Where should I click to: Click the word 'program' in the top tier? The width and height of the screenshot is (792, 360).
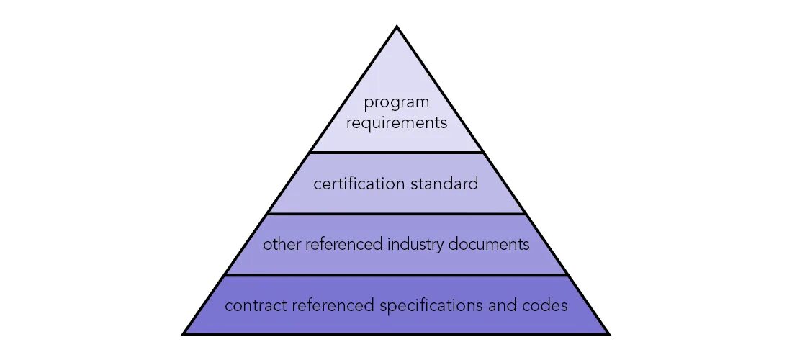tap(396, 103)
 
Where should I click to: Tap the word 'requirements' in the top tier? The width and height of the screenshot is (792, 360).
tap(396, 122)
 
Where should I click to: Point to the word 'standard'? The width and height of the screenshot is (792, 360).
tap(444, 184)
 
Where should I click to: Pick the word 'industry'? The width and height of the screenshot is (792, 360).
tap(410, 244)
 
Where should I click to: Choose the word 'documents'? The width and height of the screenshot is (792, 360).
tap(489, 244)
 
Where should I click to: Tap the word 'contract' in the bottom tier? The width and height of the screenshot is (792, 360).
tap(255, 306)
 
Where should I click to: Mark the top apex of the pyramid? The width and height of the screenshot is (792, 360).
tap(396, 28)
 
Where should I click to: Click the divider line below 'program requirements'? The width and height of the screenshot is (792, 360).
tap(396, 152)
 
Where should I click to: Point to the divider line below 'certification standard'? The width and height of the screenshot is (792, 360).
tap(396, 214)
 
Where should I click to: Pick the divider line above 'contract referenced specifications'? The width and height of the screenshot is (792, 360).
tap(396, 275)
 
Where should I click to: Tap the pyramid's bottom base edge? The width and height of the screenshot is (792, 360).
tap(396, 333)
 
